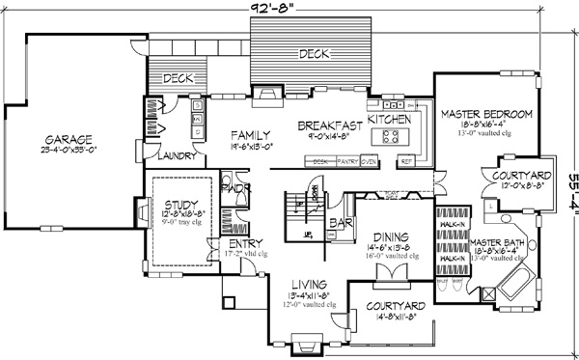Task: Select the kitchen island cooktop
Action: (394, 136)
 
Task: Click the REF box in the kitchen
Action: (407, 161)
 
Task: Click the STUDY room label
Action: (180, 205)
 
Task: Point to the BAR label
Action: (337, 222)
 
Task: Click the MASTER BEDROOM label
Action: (486, 115)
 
